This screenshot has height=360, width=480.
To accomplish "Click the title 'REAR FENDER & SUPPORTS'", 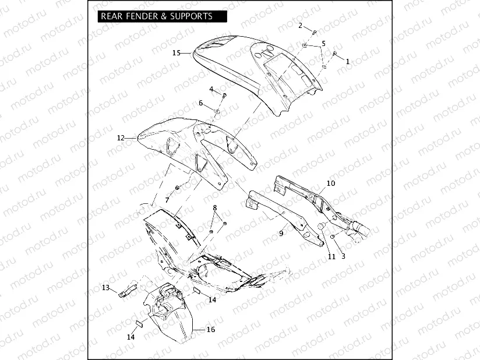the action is [x=156, y=16].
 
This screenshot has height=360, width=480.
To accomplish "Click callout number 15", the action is [x=176, y=52].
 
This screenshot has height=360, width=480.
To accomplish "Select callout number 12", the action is [x=121, y=138].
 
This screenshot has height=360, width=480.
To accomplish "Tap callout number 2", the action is [x=301, y=26].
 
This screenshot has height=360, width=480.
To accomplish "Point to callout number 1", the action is [x=348, y=61].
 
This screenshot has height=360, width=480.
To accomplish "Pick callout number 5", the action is [x=324, y=44].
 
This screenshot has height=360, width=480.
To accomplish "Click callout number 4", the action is [x=212, y=89].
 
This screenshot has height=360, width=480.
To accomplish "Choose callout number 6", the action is [x=201, y=103].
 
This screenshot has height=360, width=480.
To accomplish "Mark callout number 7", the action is [x=167, y=200].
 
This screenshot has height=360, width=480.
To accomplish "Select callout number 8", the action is [x=214, y=207].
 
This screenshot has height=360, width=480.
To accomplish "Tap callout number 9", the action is [x=281, y=233].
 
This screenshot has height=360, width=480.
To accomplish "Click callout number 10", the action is [x=330, y=183].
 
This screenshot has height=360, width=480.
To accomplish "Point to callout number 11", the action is [x=331, y=256].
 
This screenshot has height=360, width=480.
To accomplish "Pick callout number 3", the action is [x=343, y=256].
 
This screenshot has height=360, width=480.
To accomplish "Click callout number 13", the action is [x=105, y=288].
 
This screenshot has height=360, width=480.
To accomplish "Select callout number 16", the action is [x=210, y=330].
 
